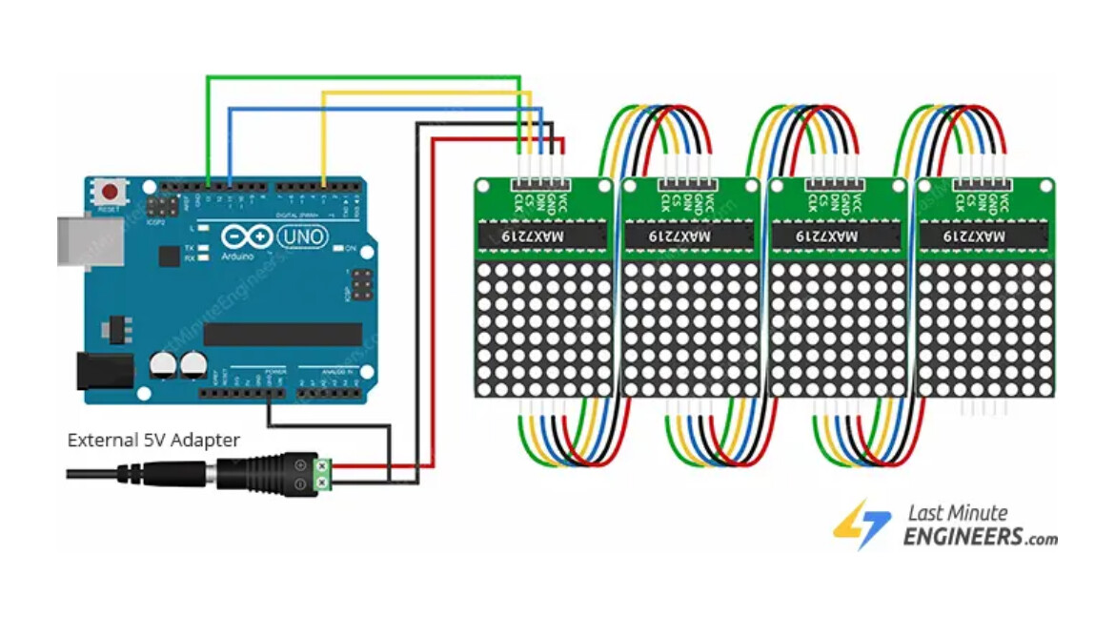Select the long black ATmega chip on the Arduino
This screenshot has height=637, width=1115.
point(283,334)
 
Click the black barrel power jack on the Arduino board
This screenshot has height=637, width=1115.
point(104,370)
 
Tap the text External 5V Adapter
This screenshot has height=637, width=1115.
point(153,440)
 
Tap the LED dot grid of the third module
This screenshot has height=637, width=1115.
point(836,330)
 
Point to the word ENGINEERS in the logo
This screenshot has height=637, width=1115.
point(963,538)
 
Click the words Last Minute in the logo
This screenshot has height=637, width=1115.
point(955,513)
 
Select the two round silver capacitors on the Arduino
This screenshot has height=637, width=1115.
point(178,364)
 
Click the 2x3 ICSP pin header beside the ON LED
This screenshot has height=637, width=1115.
point(361,282)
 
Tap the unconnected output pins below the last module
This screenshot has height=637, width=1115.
point(982,408)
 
